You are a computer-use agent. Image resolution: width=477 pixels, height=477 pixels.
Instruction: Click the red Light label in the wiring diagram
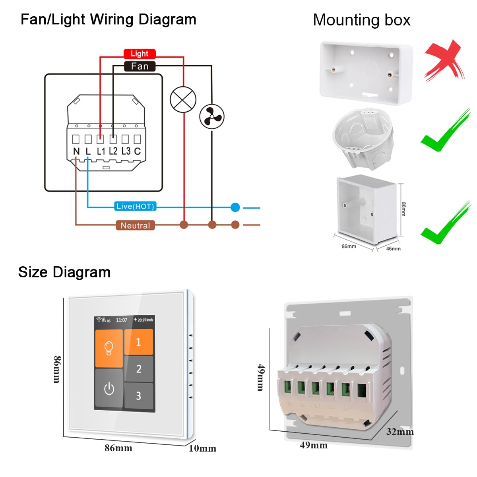[x=139, y=54]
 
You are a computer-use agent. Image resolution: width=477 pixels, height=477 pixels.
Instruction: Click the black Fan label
[x=139, y=66]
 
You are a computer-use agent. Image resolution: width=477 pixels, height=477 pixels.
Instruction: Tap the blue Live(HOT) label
[x=135, y=206]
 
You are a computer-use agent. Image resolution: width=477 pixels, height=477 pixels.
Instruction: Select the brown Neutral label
[x=135, y=225]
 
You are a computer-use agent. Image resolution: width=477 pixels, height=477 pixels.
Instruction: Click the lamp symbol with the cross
[x=183, y=99]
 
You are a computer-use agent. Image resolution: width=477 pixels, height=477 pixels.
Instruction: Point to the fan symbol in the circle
[x=212, y=117]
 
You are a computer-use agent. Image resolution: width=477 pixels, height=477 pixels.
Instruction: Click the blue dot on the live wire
[x=235, y=207]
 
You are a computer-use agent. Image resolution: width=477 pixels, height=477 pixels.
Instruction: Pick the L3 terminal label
[x=126, y=151]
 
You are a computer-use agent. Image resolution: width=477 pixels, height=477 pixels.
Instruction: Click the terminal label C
[x=137, y=151]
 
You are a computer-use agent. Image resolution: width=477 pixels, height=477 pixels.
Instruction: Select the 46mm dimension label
[x=393, y=249]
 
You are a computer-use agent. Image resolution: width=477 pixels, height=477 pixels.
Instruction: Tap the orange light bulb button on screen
[x=109, y=348]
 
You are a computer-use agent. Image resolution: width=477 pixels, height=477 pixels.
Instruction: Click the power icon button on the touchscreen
[x=109, y=389]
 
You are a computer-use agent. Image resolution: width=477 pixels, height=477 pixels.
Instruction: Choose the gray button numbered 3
[x=139, y=396]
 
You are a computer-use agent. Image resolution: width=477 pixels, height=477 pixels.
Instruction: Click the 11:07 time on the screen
[x=122, y=320]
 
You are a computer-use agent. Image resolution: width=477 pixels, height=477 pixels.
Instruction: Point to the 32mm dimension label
[x=399, y=432]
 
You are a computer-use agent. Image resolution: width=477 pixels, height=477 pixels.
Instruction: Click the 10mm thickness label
[x=202, y=448]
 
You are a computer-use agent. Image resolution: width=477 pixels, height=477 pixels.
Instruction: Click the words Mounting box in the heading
[x=361, y=20]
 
